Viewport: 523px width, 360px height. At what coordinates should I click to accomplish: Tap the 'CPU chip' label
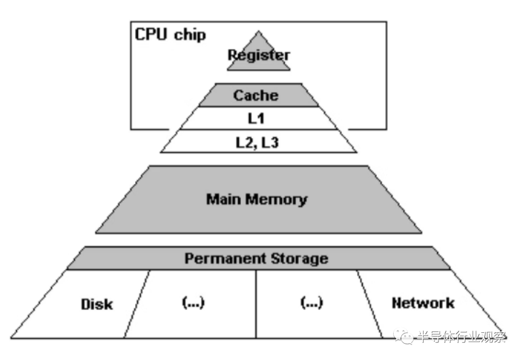pos(170,35)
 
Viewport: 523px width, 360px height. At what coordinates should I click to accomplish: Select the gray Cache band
pos(257,95)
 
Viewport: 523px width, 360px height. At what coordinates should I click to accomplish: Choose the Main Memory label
pos(257,199)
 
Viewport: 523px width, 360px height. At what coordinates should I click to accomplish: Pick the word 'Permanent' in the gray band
pos(220,258)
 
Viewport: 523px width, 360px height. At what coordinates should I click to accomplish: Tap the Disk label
pos(97,304)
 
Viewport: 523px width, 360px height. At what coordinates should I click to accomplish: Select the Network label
pos(423,303)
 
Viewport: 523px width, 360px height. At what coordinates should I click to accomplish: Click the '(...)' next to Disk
pos(193,303)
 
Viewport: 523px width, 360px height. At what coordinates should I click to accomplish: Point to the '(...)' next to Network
pos(312,303)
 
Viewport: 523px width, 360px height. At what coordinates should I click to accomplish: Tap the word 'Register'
pos(259,55)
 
